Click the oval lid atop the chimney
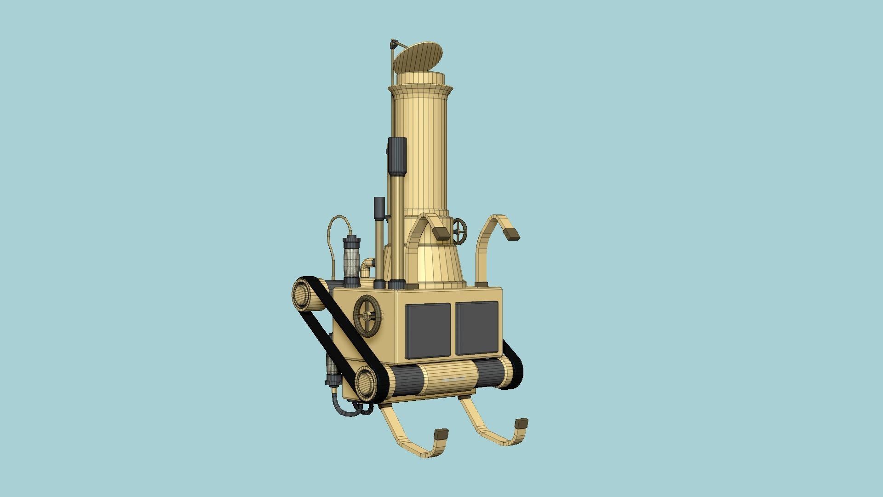(x=418, y=57)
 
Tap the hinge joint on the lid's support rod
(x=394, y=45)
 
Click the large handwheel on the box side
(x=368, y=317)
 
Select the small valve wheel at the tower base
(x=459, y=231)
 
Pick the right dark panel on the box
(x=476, y=328)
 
